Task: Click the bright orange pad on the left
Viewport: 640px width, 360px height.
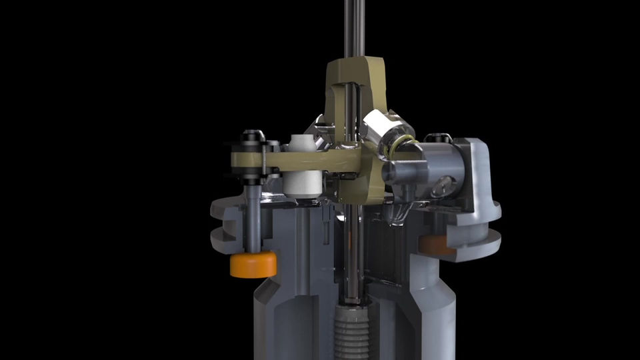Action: click(253, 265)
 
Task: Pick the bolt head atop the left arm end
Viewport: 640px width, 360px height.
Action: click(252, 136)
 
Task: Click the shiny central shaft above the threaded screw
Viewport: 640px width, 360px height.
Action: click(351, 267)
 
